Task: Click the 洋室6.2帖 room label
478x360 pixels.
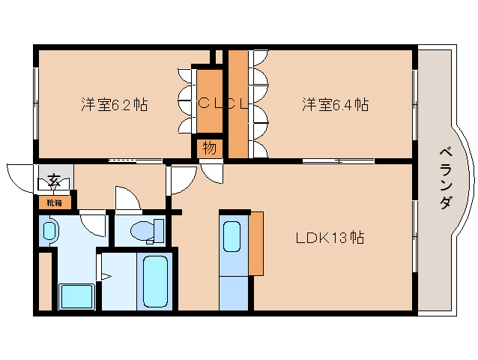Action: [114, 105]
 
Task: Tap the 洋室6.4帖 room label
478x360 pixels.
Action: [335, 105]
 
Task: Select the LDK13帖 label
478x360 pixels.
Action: [329, 238]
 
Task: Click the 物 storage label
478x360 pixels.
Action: [209, 148]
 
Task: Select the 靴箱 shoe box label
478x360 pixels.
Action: [54, 202]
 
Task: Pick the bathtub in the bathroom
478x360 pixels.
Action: [156, 281]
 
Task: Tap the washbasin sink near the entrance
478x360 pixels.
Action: [49, 230]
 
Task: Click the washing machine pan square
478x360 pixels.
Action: [76, 296]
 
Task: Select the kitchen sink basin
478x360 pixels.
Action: [232, 239]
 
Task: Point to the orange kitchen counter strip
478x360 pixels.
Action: [256, 244]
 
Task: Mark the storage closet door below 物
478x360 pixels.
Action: [212, 171]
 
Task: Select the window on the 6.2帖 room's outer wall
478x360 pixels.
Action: [35, 103]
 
